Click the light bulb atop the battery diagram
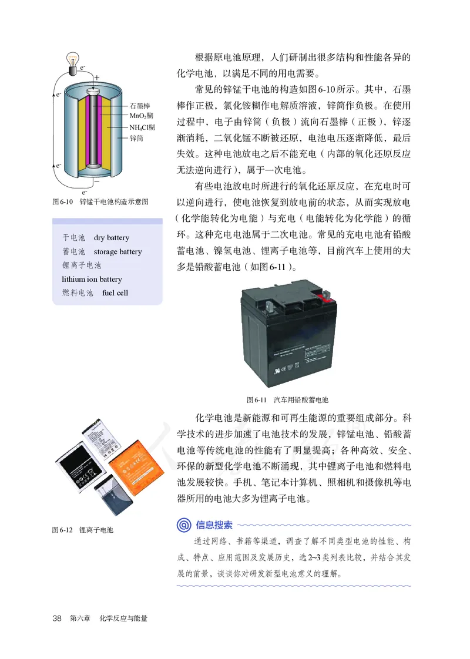click(75, 60)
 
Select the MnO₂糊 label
click(142, 116)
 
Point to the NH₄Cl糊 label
click(142, 127)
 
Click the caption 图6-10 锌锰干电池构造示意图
click(100, 201)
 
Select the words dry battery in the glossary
click(111, 238)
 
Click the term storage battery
click(117, 251)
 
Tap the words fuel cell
click(115, 292)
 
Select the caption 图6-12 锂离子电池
click(83, 530)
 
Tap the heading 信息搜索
click(214, 524)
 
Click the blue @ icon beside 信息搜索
click(184, 524)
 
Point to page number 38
click(57, 618)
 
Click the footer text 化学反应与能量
click(123, 618)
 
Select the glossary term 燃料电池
click(78, 292)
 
